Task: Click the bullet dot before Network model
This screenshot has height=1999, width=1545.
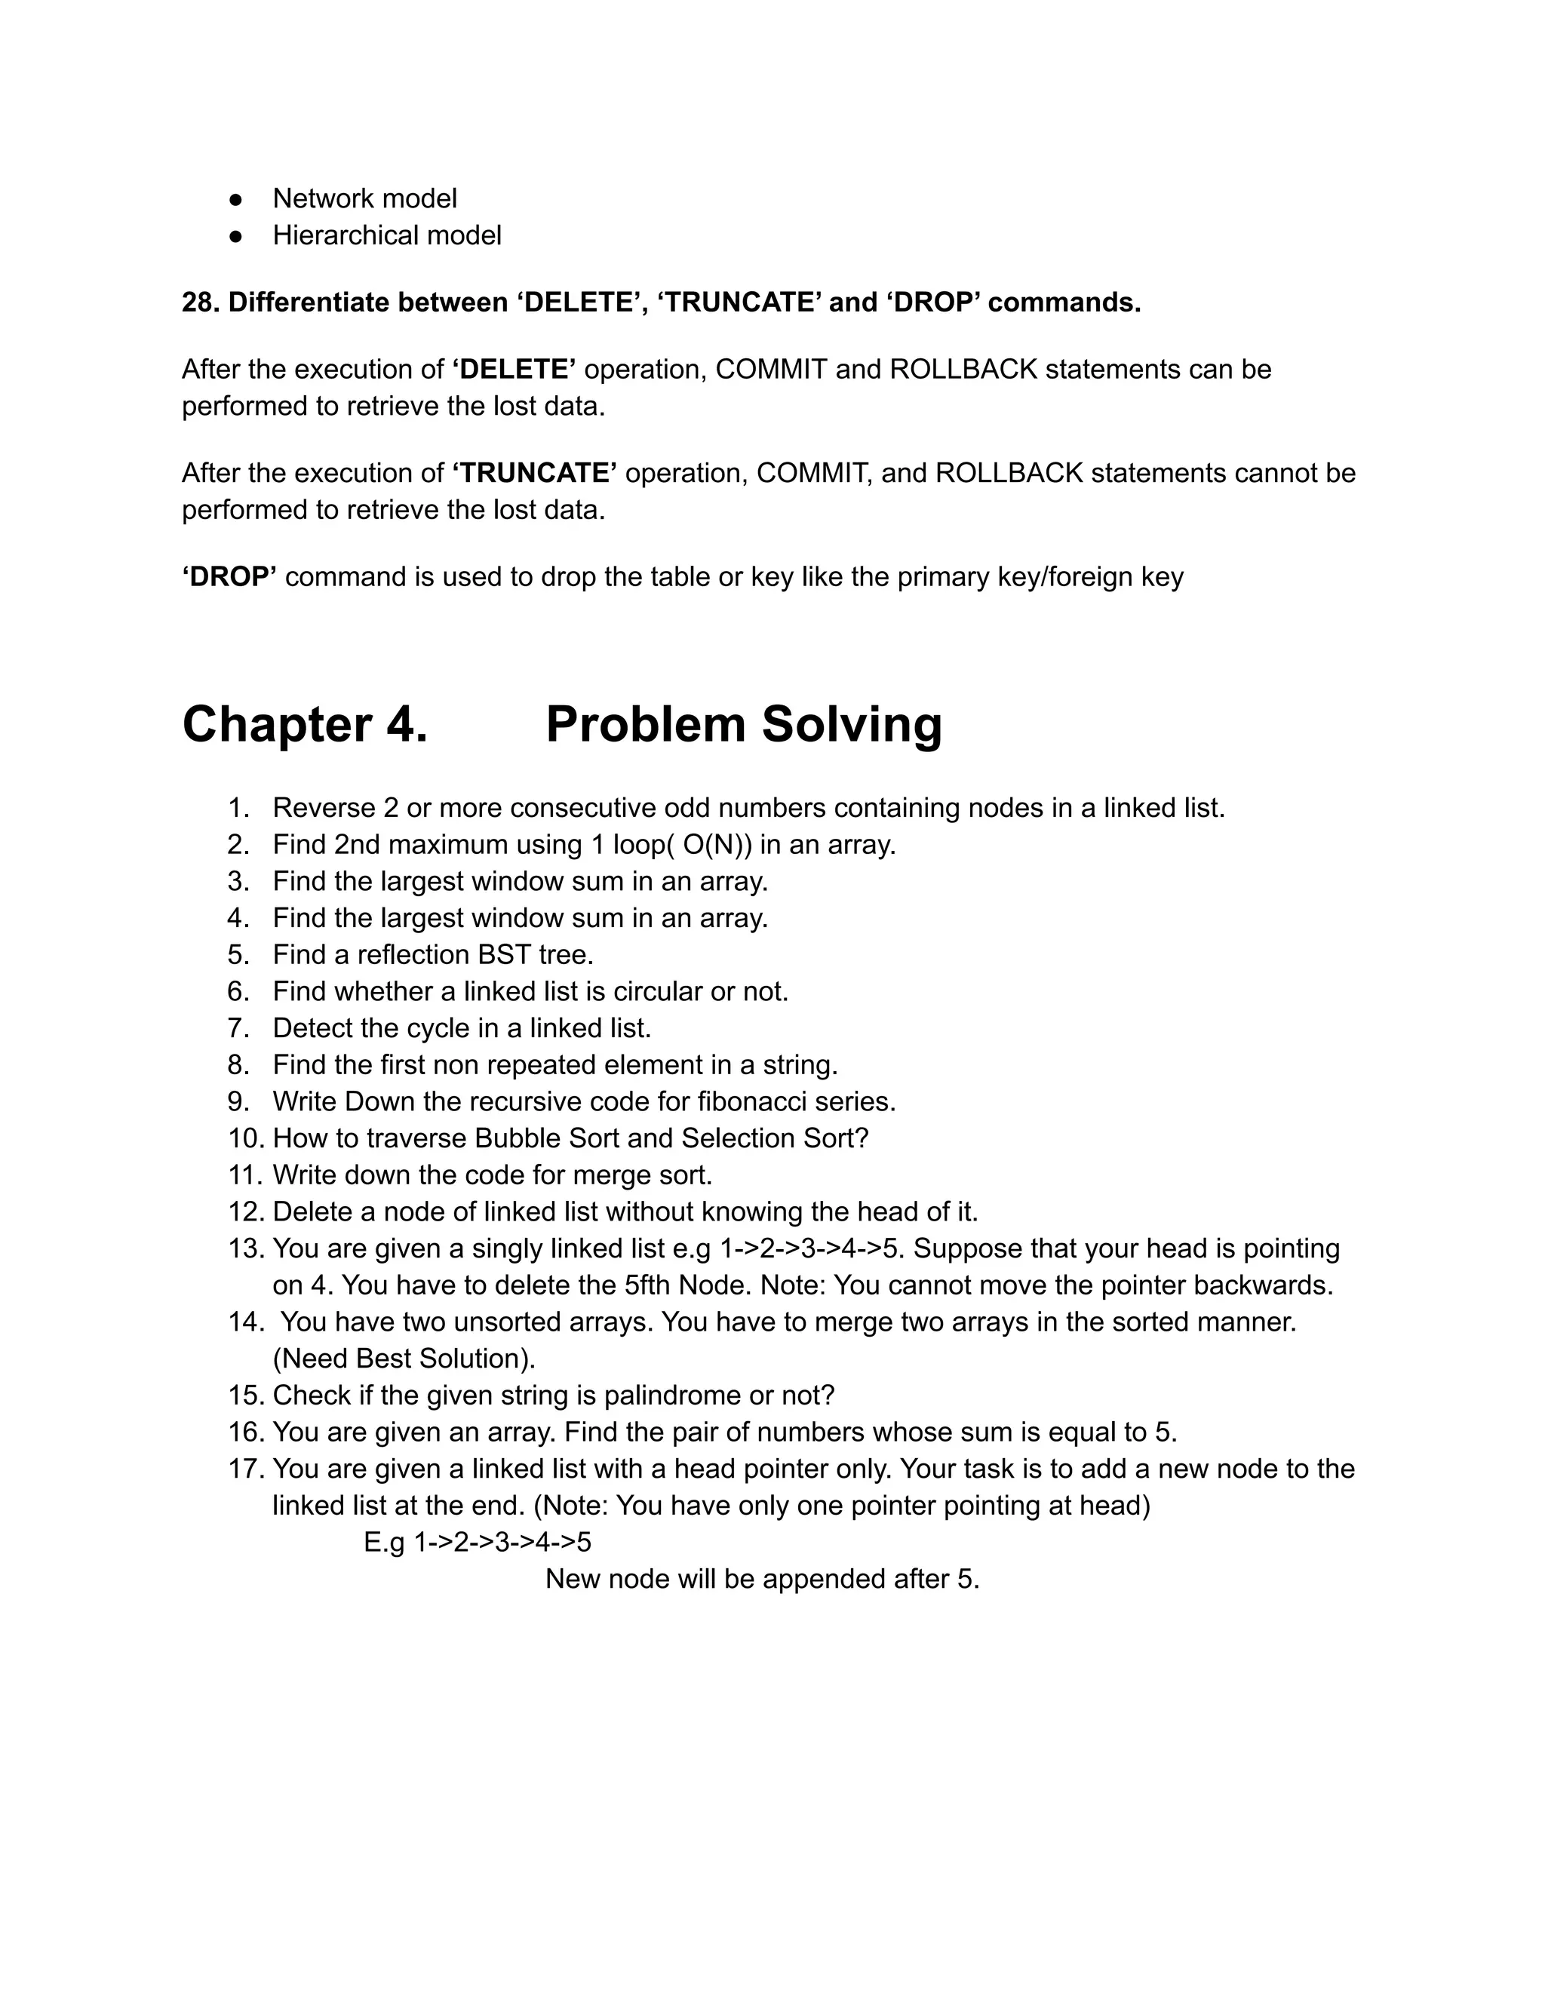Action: coord(236,198)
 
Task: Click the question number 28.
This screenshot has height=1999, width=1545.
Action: coord(201,302)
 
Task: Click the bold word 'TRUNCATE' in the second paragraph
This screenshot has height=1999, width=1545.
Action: coord(535,473)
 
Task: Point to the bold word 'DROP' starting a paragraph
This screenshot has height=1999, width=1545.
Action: coord(230,576)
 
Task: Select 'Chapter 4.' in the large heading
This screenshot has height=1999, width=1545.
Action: coord(305,724)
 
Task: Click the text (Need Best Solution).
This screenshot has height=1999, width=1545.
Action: coord(404,1359)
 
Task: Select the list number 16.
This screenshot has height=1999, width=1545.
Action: coord(245,1432)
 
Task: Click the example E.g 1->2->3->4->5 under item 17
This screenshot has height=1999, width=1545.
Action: coord(477,1543)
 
